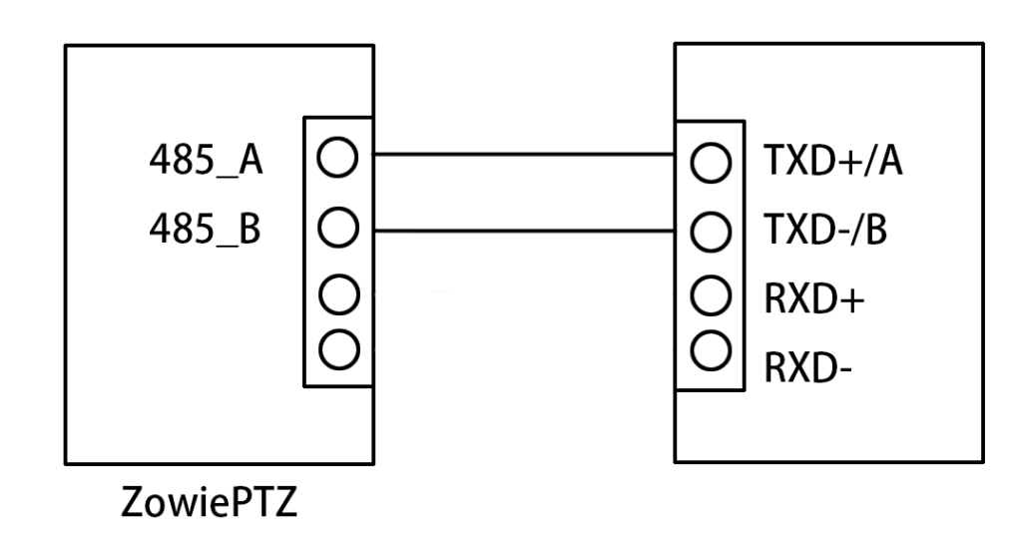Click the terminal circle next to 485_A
click(338, 157)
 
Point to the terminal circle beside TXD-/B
click(710, 233)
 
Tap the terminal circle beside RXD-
click(710, 349)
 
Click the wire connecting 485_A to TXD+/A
click(524, 155)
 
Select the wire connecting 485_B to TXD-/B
click(524, 233)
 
